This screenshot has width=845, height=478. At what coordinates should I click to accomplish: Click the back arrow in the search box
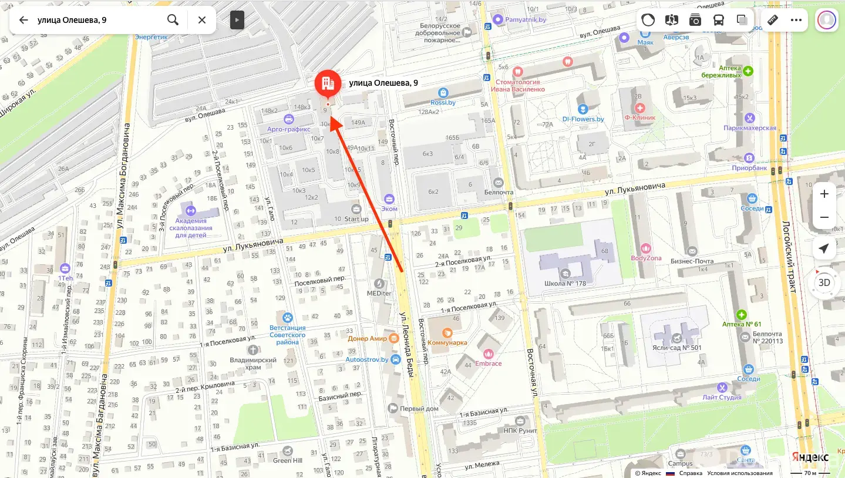tap(23, 20)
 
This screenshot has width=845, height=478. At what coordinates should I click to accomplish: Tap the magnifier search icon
tap(173, 20)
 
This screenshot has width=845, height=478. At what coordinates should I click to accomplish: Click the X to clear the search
tap(202, 20)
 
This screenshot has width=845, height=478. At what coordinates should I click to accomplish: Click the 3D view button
tap(824, 282)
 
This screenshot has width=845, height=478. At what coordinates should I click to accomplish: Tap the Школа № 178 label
tap(565, 283)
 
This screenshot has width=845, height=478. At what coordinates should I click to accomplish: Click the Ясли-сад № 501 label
tap(679, 347)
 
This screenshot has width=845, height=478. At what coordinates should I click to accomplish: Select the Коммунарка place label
tap(447, 342)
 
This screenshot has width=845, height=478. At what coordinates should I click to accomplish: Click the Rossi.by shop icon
tap(443, 93)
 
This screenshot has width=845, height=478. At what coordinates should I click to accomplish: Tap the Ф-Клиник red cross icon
tap(640, 108)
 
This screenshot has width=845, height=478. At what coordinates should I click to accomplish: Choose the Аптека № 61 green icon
tap(742, 315)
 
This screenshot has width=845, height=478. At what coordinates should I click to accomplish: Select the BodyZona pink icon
tap(646, 248)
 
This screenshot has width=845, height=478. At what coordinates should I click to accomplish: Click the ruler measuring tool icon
tap(773, 20)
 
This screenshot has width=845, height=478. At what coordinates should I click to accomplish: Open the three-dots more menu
tap(796, 20)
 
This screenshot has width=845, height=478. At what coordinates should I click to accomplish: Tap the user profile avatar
tap(827, 20)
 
